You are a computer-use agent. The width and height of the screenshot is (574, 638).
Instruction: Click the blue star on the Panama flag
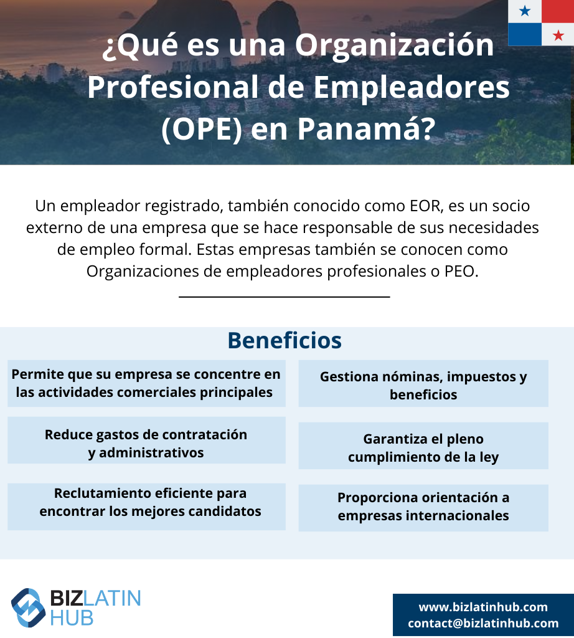click(525, 11)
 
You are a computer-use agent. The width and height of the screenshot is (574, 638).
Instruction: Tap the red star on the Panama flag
click(558, 36)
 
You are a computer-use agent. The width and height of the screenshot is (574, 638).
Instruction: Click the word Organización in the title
click(394, 45)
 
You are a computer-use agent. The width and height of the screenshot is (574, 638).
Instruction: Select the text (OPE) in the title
click(202, 130)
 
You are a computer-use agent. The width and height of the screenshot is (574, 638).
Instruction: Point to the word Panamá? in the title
click(366, 129)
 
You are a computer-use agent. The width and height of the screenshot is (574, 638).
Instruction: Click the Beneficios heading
click(285, 341)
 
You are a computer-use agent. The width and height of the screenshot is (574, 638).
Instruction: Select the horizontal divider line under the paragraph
click(285, 297)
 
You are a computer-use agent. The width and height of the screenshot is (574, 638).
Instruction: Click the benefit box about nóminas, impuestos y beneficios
click(423, 383)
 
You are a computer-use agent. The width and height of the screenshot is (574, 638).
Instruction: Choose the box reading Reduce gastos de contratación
click(146, 440)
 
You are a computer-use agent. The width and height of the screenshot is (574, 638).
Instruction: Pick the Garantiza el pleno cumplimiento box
click(423, 446)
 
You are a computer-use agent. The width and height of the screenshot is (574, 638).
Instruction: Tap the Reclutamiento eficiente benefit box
click(146, 507)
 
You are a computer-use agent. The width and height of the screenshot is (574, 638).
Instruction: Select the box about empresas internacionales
click(423, 508)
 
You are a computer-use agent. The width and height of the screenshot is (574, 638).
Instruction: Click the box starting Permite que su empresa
click(146, 383)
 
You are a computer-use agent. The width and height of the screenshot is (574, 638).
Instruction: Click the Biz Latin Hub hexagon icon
click(28, 607)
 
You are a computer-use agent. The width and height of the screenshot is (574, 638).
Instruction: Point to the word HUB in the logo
click(72, 618)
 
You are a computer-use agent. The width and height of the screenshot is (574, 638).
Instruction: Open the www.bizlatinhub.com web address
click(483, 607)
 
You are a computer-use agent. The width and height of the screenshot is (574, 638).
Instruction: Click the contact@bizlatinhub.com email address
click(483, 623)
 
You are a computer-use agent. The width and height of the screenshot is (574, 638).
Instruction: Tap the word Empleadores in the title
click(412, 88)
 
